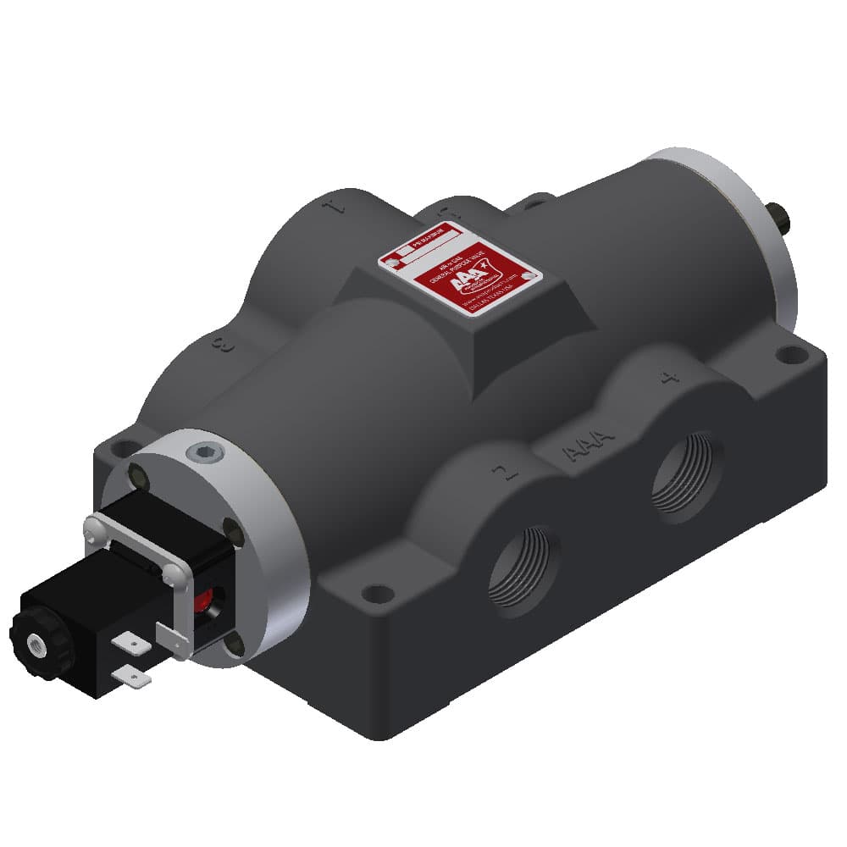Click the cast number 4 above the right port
[671, 376]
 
